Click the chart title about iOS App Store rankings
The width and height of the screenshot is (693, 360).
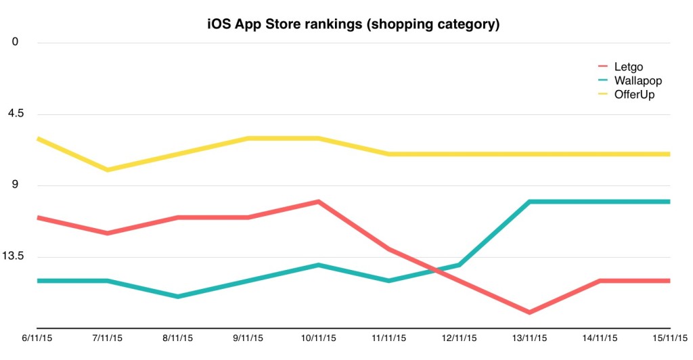click(353, 25)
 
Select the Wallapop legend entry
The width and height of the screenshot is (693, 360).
click(637, 81)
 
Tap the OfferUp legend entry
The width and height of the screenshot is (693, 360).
click(633, 94)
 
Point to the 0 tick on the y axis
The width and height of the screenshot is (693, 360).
click(15, 42)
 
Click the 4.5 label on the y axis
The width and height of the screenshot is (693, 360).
click(15, 114)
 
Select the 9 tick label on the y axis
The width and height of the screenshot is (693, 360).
click(15, 185)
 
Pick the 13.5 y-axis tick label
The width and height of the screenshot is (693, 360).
click(15, 256)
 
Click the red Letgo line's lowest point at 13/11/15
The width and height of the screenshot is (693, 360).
click(529, 312)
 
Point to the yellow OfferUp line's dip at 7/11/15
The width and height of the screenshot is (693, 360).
click(107, 169)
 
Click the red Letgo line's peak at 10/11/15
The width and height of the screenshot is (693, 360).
click(318, 202)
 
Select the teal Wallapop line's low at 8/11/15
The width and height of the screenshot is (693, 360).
click(177, 296)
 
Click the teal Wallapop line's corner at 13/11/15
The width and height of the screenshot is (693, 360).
click(529, 202)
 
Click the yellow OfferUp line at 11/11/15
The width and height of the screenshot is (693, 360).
click(388, 154)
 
